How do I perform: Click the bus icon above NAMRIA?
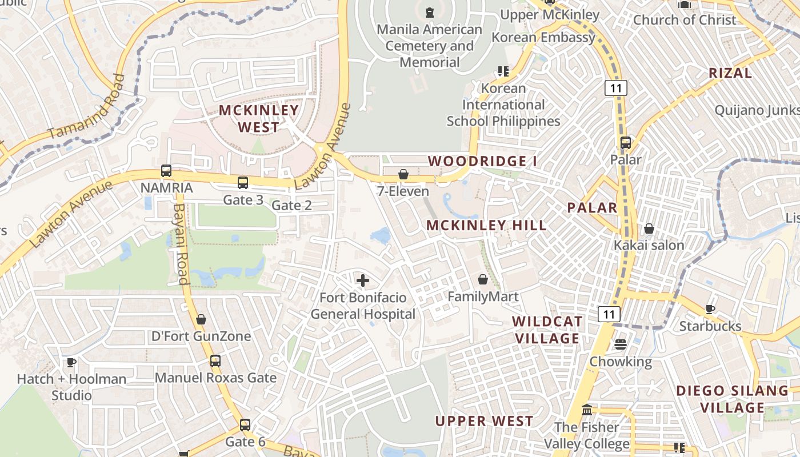click(166, 171)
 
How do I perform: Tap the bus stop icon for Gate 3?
click(243, 183)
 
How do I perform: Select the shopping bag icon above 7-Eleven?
click(403, 174)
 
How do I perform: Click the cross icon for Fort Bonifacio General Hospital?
click(362, 280)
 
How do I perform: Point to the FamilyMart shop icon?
click(483, 279)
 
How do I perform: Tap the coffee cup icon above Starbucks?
click(710, 309)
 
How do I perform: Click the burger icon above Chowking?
click(621, 344)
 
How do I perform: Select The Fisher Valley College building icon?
click(587, 410)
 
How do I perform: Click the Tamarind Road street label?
click(86, 107)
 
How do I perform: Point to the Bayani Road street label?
click(181, 244)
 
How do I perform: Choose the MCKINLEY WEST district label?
click(259, 118)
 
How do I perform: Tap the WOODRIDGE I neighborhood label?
click(482, 161)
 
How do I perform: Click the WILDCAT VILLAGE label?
click(547, 330)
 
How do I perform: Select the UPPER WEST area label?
click(484, 421)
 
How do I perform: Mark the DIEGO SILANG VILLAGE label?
click(732, 399)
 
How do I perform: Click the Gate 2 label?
click(291, 205)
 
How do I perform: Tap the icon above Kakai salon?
click(649, 228)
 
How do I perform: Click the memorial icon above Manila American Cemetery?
click(429, 11)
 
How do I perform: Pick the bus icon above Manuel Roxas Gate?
click(215, 361)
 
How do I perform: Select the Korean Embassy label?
click(543, 38)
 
